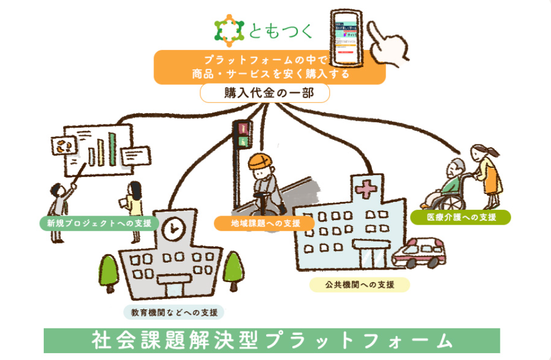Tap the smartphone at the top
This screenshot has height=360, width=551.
tap(345, 38)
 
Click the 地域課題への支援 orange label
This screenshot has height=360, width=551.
tap(264, 222)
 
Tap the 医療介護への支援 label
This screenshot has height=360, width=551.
tap(461, 217)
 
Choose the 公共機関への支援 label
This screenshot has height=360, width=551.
tap(359, 284)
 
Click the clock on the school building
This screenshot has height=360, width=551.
tap(172, 229)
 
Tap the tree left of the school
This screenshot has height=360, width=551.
tap(108, 270)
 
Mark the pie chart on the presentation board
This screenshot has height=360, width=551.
tap(61, 146)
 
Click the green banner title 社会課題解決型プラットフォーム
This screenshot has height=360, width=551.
tap(272, 340)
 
